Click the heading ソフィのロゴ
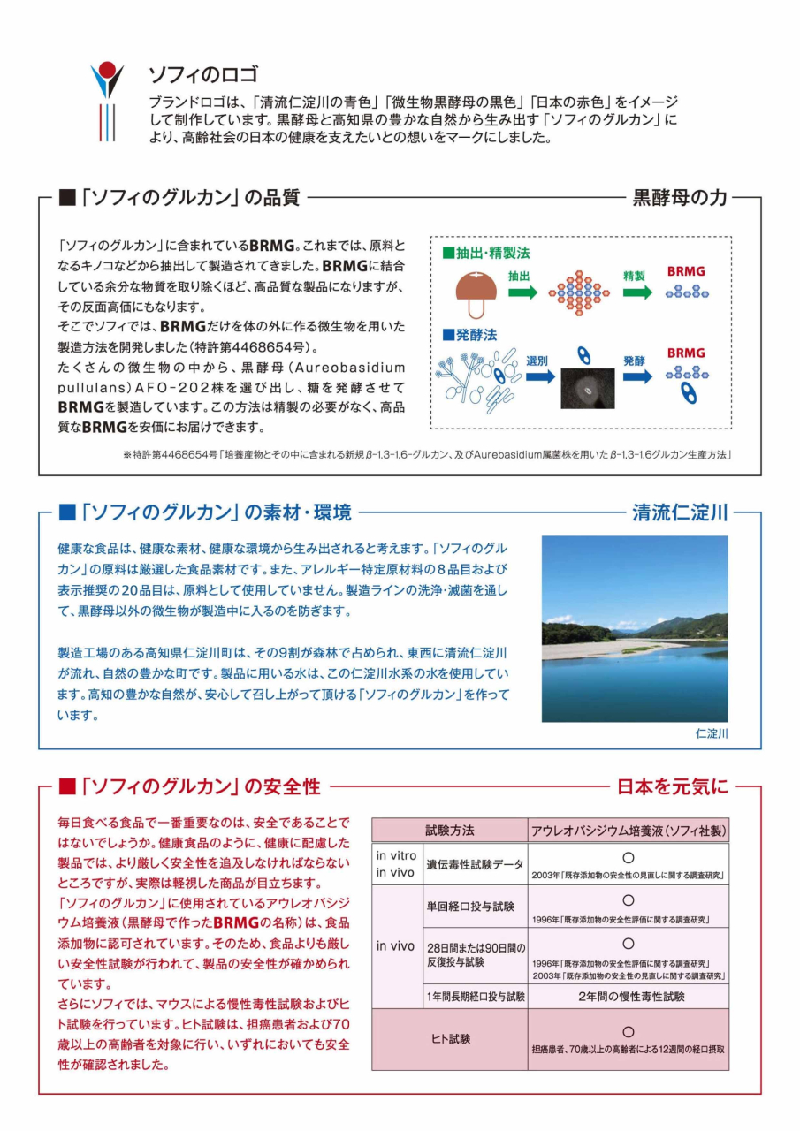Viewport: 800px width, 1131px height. click(202, 73)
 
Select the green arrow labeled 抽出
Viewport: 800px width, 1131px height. click(522, 292)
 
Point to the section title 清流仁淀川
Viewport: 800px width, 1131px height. click(680, 512)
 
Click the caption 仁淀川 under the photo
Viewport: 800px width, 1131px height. click(712, 733)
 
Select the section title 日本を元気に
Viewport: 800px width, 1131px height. click(672, 786)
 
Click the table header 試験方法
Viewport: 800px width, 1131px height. click(450, 831)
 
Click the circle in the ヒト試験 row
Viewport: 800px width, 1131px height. click(629, 1031)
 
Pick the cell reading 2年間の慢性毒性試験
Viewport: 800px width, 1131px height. click(629, 997)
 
